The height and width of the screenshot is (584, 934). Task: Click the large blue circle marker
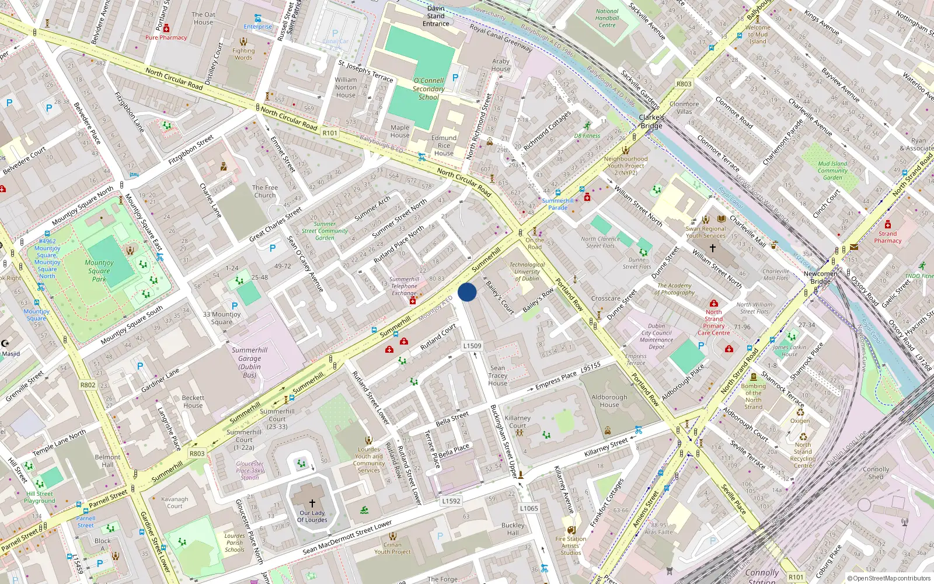tap(467, 292)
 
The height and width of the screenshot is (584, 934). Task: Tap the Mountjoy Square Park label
tap(99, 270)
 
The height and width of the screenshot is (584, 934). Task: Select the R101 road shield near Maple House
tap(330, 133)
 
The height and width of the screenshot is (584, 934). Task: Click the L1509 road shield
tap(472, 346)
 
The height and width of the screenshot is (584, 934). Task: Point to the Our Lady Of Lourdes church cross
tap(312, 503)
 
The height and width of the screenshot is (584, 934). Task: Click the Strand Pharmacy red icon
tap(887, 225)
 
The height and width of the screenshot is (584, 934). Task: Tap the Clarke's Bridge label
tap(651, 121)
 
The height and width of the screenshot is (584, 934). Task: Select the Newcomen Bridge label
tap(820, 277)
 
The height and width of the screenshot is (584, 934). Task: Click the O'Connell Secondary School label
tap(428, 89)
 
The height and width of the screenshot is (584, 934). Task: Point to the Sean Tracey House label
tap(497, 376)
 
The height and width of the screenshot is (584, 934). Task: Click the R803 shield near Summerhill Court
tap(197, 453)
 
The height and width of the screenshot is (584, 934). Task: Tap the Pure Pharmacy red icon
tap(166, 28)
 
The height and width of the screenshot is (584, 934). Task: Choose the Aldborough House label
tap(609, 401)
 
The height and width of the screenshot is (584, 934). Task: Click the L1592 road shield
tap(451, 500)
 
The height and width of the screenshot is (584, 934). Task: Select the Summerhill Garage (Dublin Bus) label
tap(249, 362)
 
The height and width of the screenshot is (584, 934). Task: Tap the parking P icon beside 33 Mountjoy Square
tap(235, 305)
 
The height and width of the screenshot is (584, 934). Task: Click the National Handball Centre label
tap(607, 18)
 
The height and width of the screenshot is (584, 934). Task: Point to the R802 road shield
tap(88, 385)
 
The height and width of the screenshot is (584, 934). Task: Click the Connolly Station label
tap(762, 575)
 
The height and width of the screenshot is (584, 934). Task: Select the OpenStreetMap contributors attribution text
tap(888, 579)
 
